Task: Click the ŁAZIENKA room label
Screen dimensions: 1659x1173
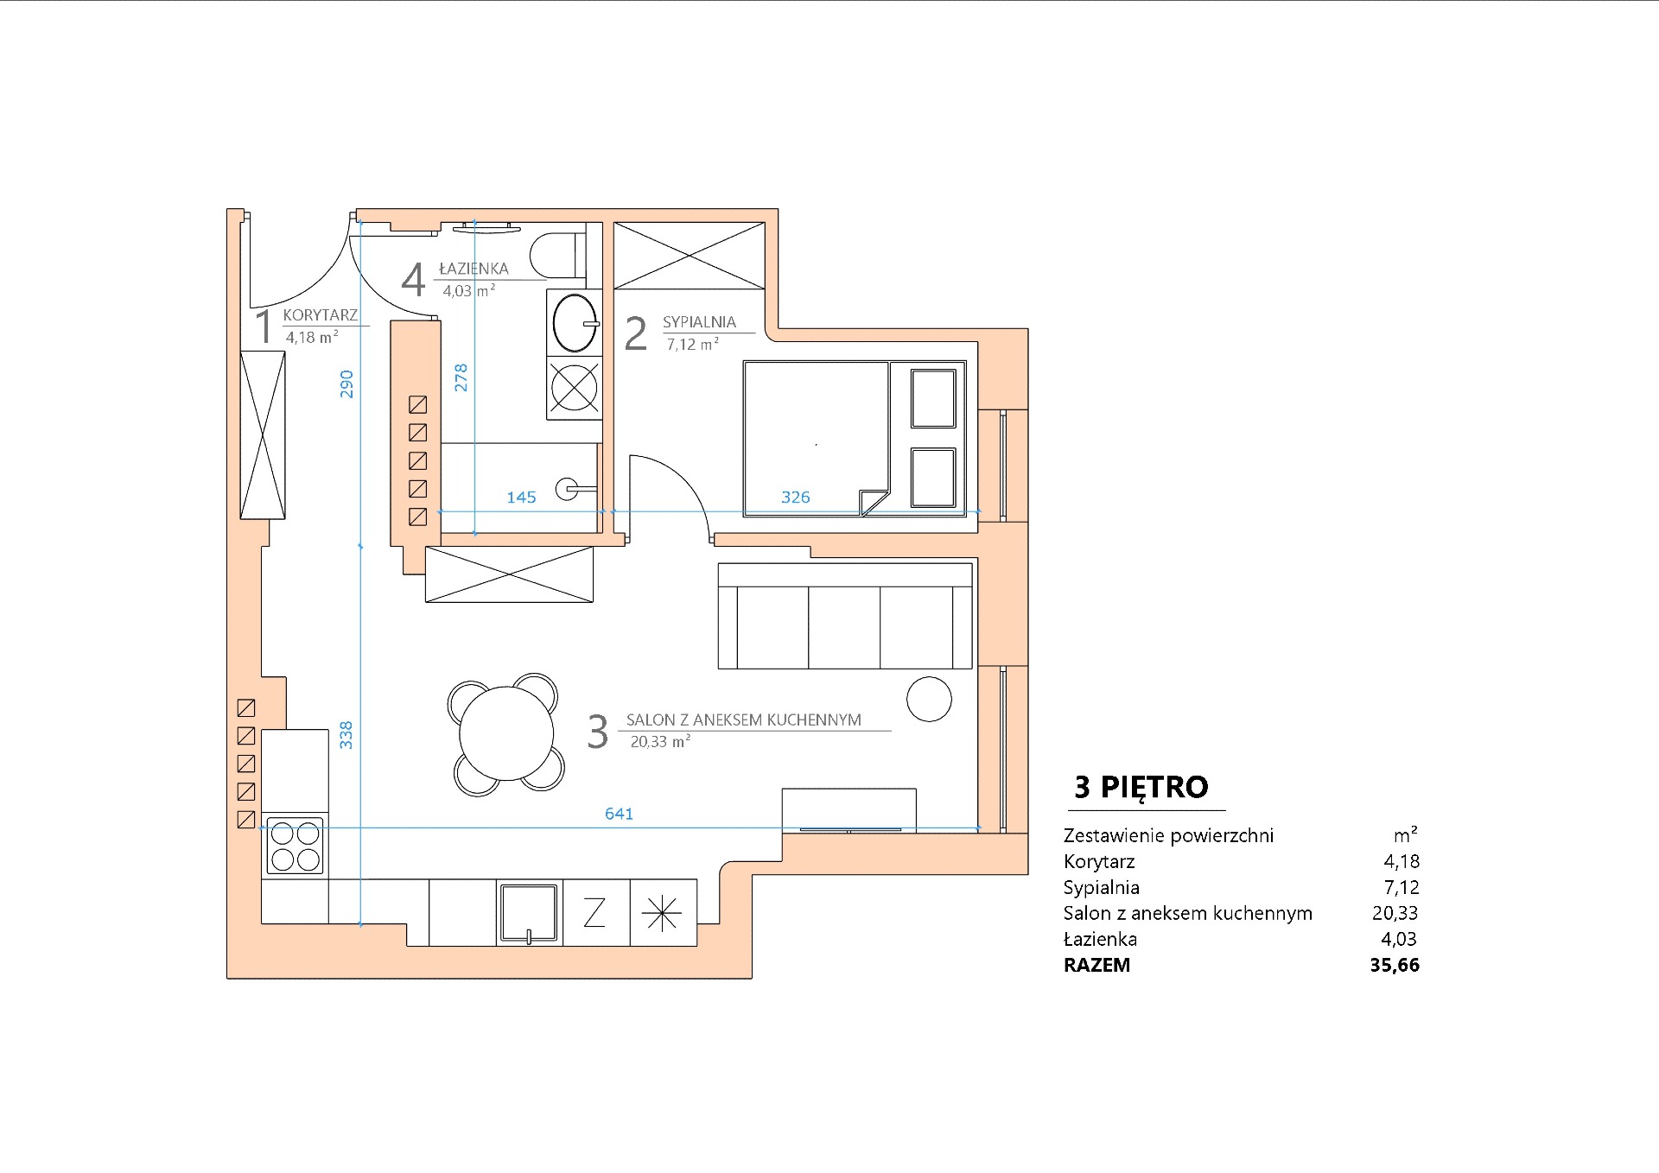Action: click(474, 269)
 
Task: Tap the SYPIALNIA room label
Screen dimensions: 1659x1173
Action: click(699, 322)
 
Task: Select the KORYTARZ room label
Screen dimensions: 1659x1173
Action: click(320, 315)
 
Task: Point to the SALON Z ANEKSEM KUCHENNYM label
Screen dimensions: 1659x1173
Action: click(743, 720)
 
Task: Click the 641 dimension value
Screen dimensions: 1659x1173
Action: click(619, 814)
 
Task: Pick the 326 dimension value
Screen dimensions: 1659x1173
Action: click(795, 497)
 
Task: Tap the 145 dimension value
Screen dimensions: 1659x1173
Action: click(521, 497)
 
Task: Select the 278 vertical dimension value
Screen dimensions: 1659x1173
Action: click(461, 377)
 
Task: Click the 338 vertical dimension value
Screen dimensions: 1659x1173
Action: click(346, 735)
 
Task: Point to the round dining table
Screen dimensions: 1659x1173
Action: click(506, 733)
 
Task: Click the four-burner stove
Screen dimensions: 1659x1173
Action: click(295, 846)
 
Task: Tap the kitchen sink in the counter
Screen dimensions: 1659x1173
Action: click(528, 913)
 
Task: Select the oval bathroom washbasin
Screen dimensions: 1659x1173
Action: click(575, 322)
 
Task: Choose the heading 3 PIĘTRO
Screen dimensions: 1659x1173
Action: click(1141, 787)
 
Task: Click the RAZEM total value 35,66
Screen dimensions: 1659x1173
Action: click(1395, 965)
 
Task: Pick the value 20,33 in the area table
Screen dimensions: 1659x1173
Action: click(1395, 913)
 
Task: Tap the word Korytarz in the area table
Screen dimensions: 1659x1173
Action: click(1099, 862)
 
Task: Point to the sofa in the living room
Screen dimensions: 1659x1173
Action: click(845, 616)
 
